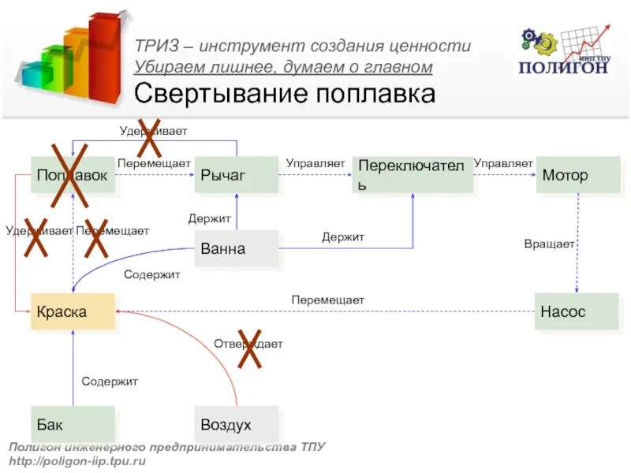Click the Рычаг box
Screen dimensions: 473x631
(237, 175)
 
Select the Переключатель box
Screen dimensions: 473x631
(413, 175)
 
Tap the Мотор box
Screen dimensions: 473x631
(578, 175)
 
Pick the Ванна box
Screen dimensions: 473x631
(237, 249)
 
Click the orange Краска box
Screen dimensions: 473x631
(73, 311)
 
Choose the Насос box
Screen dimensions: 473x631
(577, 311)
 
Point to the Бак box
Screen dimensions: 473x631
(73, 425)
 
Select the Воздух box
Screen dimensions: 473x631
(237, 425)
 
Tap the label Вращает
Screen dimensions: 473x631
(549, 244)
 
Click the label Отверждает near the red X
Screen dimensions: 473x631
(248, 344)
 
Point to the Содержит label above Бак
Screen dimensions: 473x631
(110, 382)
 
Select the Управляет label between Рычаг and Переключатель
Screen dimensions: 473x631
(315, 163)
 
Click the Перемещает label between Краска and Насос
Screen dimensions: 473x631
(327, 300)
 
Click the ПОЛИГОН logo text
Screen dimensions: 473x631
(563, 67)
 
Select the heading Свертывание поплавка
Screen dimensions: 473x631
(285, 95)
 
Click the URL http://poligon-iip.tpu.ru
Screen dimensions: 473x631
(77, 460)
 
